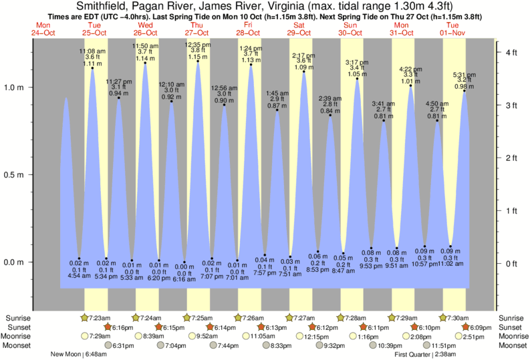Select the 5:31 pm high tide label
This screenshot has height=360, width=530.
point(464,73)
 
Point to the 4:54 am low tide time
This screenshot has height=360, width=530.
point(78,275)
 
